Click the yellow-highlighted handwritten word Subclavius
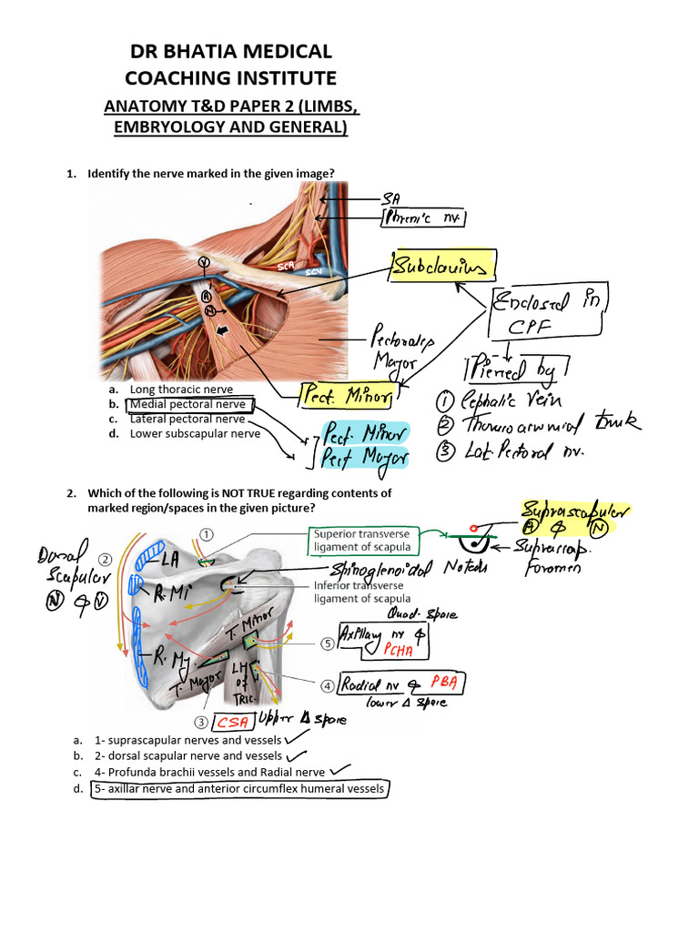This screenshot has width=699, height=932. coord(443,266)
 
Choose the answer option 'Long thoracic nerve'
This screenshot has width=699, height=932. coord(181,389)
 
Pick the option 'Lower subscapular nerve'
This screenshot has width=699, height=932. coord(195,434)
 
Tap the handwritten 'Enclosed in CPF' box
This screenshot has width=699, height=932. coord(549,313)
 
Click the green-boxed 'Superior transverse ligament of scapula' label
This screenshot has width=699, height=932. coord(365,540)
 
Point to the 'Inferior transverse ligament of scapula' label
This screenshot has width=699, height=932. coord(361,592)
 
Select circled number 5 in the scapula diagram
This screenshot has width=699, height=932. coord(327,643)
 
